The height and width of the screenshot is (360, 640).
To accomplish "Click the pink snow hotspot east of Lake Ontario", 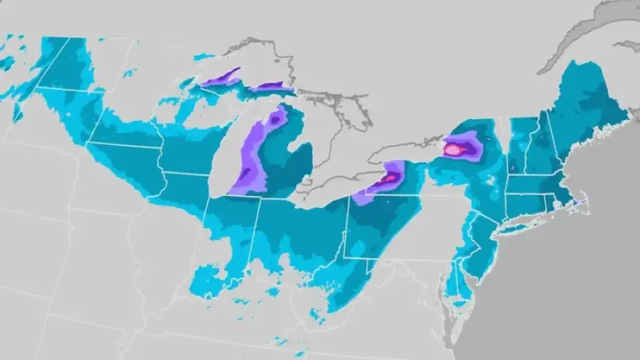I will click(454, 149).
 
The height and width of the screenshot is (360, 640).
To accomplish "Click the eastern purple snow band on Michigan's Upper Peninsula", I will click(271, 87).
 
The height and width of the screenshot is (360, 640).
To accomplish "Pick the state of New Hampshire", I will click(540, 144).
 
